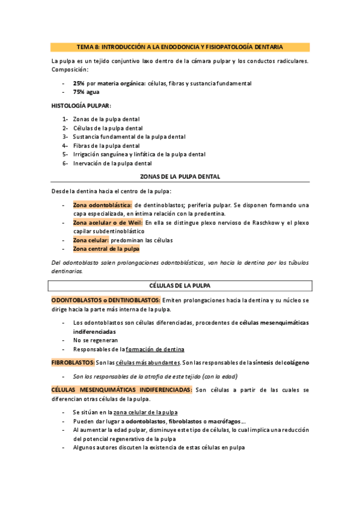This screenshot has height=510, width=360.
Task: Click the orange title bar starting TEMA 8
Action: [180, 47]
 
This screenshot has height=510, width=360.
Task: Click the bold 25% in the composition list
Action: [79, 83]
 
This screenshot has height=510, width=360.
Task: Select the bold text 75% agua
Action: [86, 92]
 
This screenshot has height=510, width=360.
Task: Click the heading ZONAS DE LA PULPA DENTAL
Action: [180, 177]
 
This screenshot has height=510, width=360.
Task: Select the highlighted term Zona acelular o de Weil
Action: [108, 223]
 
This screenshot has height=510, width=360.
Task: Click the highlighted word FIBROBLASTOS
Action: [73, 363]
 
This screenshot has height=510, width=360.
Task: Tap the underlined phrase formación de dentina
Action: [155, 349]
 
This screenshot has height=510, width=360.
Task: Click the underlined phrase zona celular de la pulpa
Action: [145, 413]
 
